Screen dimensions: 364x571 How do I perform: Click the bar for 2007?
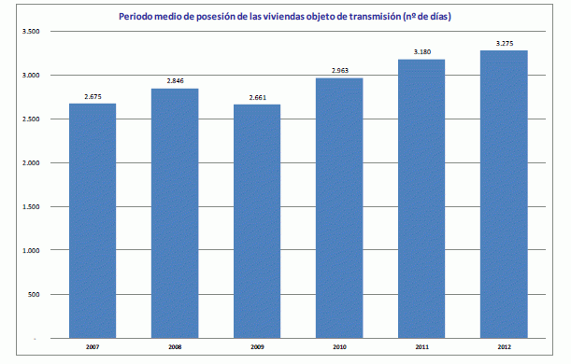coord(93,219)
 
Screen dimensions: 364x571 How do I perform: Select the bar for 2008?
coord(175,212)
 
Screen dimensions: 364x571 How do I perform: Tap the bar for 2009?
coord(257,220)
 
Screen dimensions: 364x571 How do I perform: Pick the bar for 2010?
coord(339,207)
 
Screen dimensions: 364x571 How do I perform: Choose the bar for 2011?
coord(421,198)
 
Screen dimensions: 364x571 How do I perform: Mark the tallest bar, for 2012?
coord(504,193)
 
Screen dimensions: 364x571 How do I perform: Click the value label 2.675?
coord(93,95)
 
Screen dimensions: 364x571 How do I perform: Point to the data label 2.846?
coord(175,81)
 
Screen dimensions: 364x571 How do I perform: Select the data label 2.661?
coord(257,96)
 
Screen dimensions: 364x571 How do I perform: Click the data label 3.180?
coord(421,51)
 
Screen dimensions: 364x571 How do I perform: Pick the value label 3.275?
coord(504,43)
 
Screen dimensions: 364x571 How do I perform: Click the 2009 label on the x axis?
coord(257,346)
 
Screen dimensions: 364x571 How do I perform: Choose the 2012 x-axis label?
coord(504,346)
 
